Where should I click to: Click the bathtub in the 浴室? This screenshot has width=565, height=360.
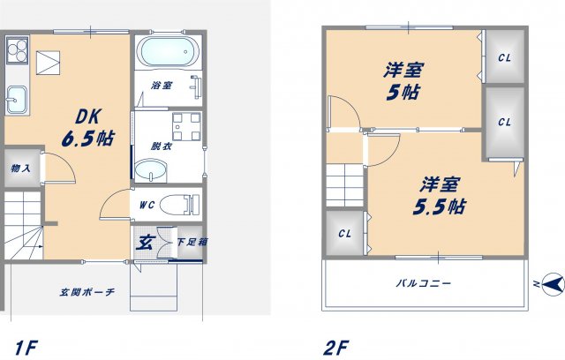(x=168, y=55)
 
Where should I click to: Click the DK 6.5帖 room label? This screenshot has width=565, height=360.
(x=85, y=128)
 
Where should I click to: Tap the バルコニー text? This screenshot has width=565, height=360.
(x=423, y=284)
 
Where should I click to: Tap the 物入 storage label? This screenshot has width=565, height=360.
(x=21, y=169)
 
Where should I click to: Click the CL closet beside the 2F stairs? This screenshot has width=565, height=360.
(x=344, y=234)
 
